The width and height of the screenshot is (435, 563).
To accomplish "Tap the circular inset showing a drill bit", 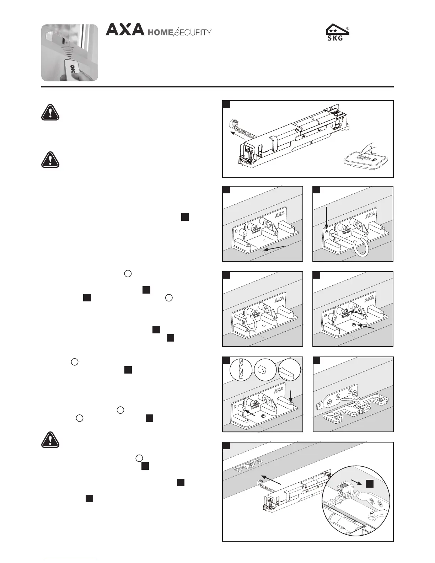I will point(241,370).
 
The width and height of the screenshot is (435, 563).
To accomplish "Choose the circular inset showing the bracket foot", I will point(289,370).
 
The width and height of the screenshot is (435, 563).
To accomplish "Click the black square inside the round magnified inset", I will point(370,483).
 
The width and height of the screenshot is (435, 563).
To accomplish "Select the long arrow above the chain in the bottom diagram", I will point(271,480).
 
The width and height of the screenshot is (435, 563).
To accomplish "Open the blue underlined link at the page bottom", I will point(70,560).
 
